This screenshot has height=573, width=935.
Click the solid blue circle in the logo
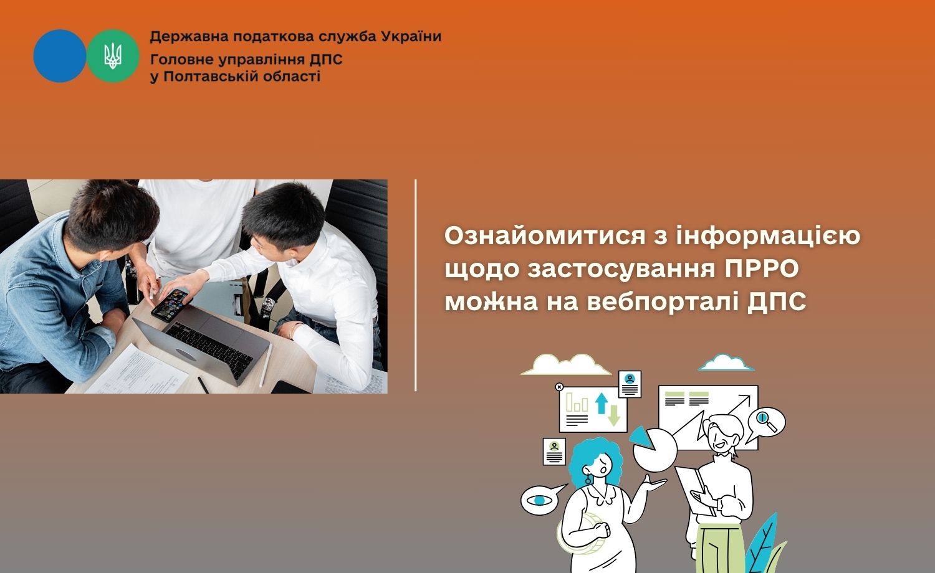point(60,55)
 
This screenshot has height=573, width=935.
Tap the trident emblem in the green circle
point(113,56)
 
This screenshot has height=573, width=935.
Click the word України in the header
point(411,37)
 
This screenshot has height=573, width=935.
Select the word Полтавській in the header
point(214,77)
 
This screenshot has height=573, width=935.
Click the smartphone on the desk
point(172,305)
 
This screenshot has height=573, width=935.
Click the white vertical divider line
point(416,286)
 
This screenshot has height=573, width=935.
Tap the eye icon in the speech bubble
point(539,500)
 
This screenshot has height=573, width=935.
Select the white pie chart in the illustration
point(654,450)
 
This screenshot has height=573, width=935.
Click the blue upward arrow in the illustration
point(602,403)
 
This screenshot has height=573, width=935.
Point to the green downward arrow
point(613,415)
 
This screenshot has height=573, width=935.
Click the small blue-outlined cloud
point(726,363)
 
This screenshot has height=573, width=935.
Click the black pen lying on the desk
point(203,385)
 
